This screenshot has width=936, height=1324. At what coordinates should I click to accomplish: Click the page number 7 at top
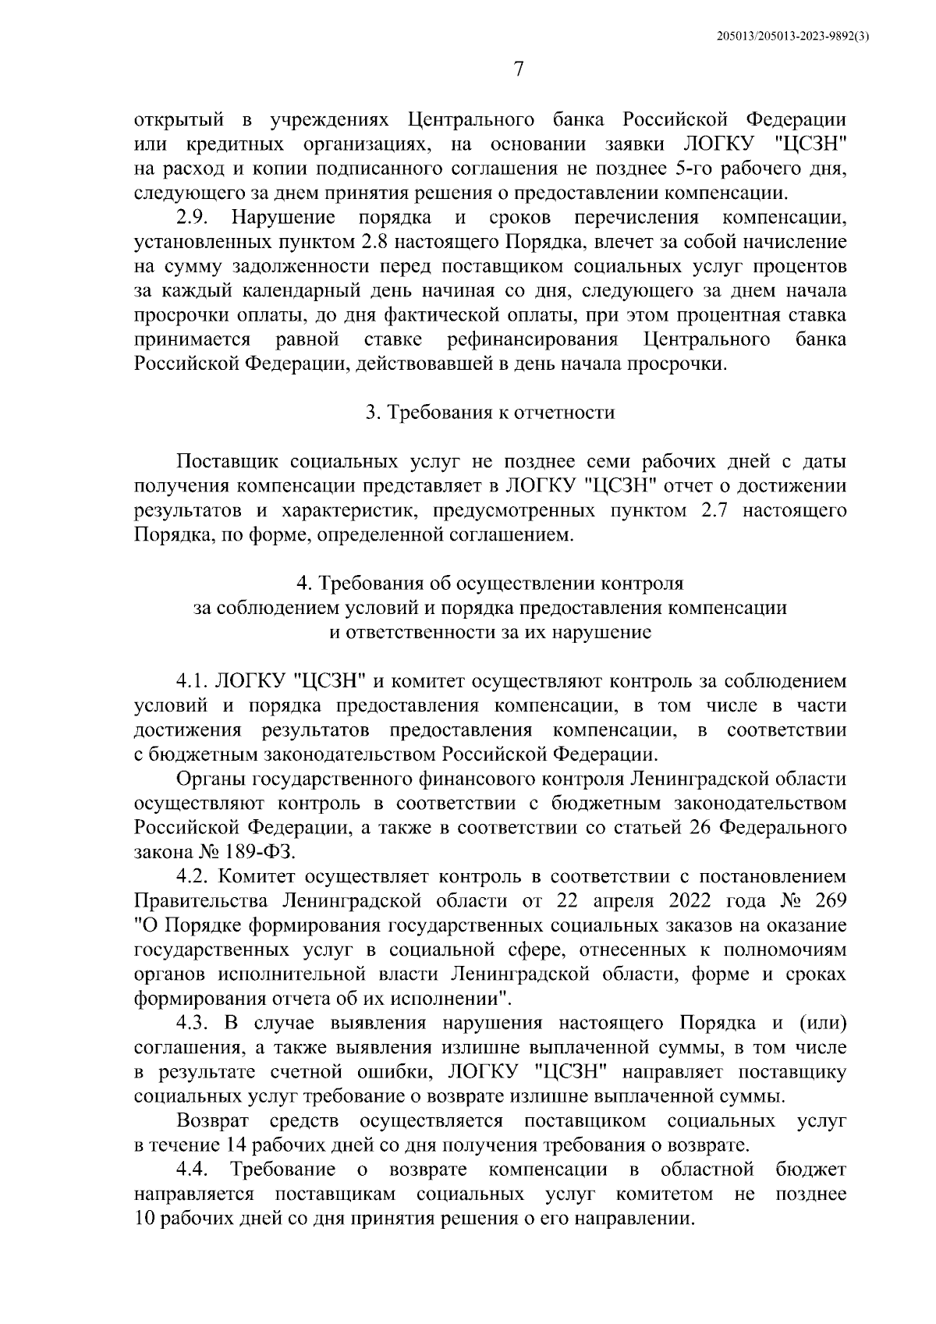[x=519, y=71]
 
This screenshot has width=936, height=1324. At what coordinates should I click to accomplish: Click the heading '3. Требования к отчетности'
[x=491, y=413]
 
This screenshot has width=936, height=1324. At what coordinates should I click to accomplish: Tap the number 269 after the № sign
[x=830, y=900]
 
